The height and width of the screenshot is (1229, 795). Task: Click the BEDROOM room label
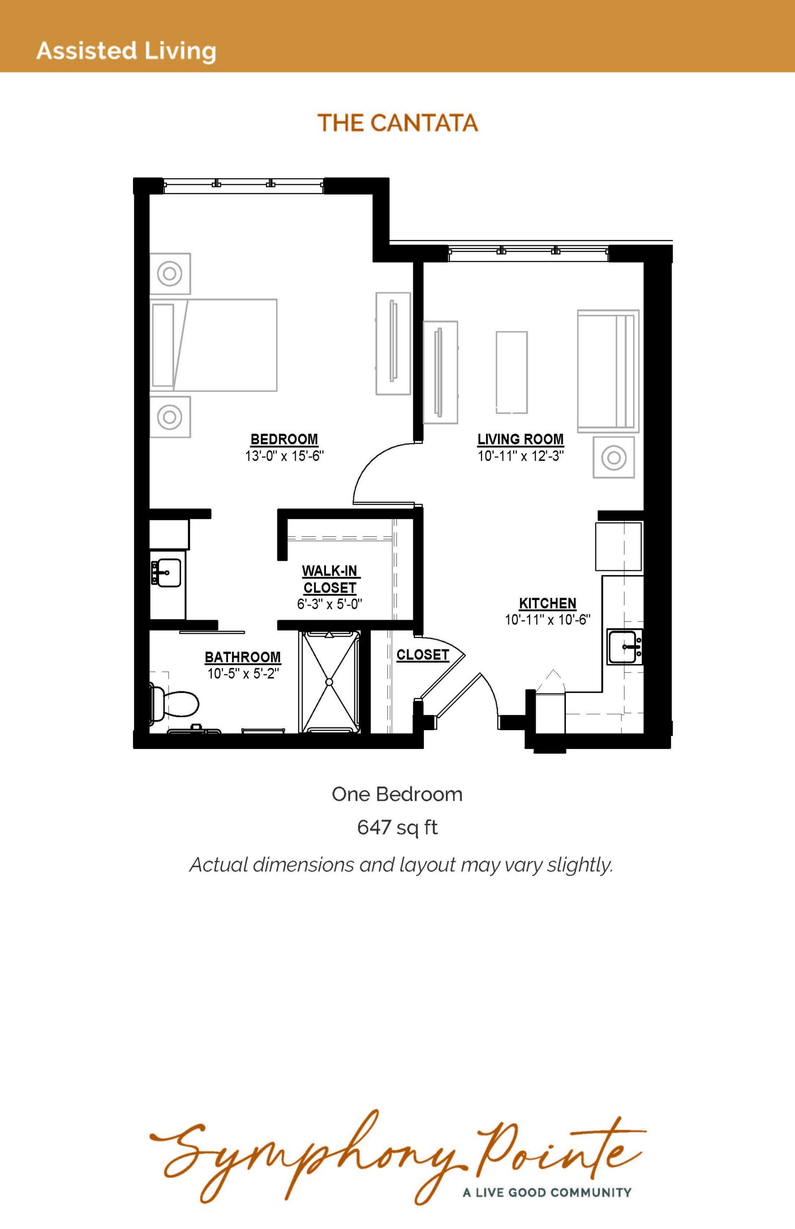pyautogui.click(x=284, y=439)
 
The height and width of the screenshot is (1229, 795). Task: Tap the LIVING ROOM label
pyautogui.click(x=520, y=439)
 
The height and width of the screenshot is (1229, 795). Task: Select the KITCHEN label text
pyautogui.click(x=548, y=603)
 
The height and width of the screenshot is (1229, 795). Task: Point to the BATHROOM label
pyautogui.click(x=242, y=657)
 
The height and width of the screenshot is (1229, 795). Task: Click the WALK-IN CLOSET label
pyautogui.click(x=330, y=579)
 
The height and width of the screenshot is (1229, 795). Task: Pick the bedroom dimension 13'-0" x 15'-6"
pyautogui.click(x=284, y=456)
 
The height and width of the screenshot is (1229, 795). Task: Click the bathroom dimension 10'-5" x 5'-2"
pyautogui.click(x=243, y=674)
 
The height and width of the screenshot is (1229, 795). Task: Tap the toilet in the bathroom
pyautogui.click(x=174, y=703)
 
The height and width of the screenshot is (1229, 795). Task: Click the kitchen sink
pyautogui.click(x=625, y=647)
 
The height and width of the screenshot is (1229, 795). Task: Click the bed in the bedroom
pyautogui.click(x=214, y=345)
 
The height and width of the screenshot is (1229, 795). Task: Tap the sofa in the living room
pyautogui.click(x=608, y=370)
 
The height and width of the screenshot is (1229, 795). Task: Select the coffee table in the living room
pyautogui.click(x=512, y=372)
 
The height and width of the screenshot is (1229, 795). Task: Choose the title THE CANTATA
pyautogui.click(x=397, y=123)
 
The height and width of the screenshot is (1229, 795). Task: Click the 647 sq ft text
pyautogui.click(x=397, y=828)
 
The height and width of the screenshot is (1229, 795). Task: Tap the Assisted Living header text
pyautogui.click(x=126, y=51)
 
